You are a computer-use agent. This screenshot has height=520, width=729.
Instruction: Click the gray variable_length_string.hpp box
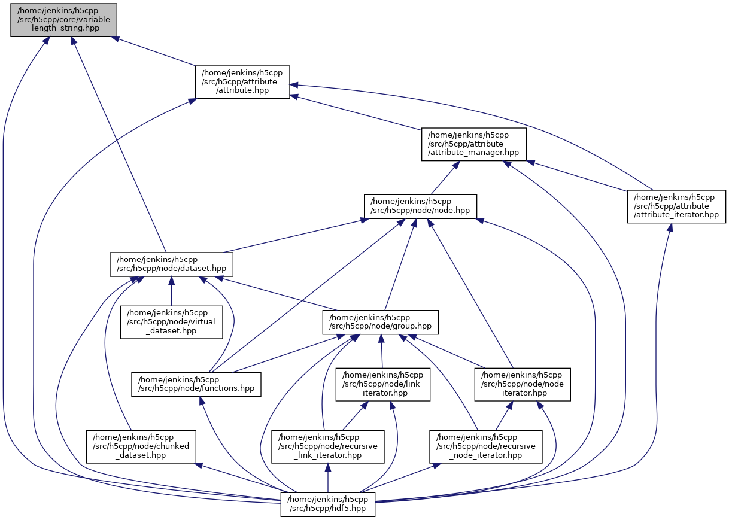[x=63, y=20]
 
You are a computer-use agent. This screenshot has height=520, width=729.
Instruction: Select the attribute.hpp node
[x=242, y=82]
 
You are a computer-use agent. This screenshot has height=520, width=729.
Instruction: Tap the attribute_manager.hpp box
[x=473, y=144]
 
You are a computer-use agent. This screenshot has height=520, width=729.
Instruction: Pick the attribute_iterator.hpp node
[x=676, y=206]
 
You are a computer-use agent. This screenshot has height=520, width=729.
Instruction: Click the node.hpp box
[x=420, y=206]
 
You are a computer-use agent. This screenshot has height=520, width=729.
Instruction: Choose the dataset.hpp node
[x=171, y=264]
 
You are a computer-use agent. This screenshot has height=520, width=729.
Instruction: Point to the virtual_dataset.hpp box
[x=171, y=322]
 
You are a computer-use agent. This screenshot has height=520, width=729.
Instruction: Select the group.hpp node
[x=381, y=322]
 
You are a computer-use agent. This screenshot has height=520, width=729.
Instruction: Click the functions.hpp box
[x=197, y=384]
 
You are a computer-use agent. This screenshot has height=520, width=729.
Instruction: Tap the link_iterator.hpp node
[x=382, y=384]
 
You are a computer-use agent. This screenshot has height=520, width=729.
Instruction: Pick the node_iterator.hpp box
[x=523, y=384]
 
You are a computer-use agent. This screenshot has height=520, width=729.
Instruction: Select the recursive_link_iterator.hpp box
[x=327, y=446]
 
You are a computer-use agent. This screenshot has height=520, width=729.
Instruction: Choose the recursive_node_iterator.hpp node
[x=485, y=446]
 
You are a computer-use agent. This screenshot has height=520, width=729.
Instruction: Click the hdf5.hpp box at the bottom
[x=328, y=504]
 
